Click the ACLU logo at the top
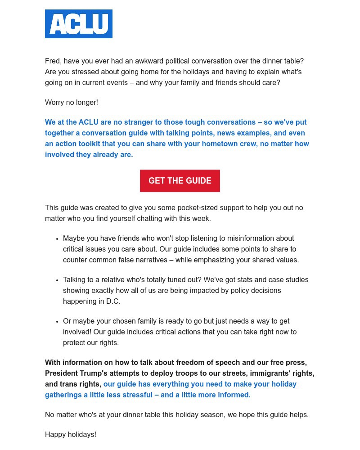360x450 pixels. pyautogui.click(x=79, y=24)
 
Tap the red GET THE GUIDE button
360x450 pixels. pyautogui.click(x=180, y=181)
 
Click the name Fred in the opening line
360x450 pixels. pyautogui.click(x=53, y=61)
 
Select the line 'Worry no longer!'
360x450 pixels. pyautogui.click(x=71, y=103)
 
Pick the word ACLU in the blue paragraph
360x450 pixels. pyautogui.click(x=88, y=122)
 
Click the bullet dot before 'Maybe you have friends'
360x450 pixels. pyautogui.click(x=57, y=239)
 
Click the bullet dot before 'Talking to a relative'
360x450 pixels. pyautogui.click(x=57, y=280)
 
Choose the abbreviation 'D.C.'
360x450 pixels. pyautogui.click(x=113, y=301)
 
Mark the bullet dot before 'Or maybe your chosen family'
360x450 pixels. pyautogui.click(x=57, y=322)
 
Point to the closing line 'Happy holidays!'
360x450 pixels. pyautogui.click(x=71, y=435)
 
